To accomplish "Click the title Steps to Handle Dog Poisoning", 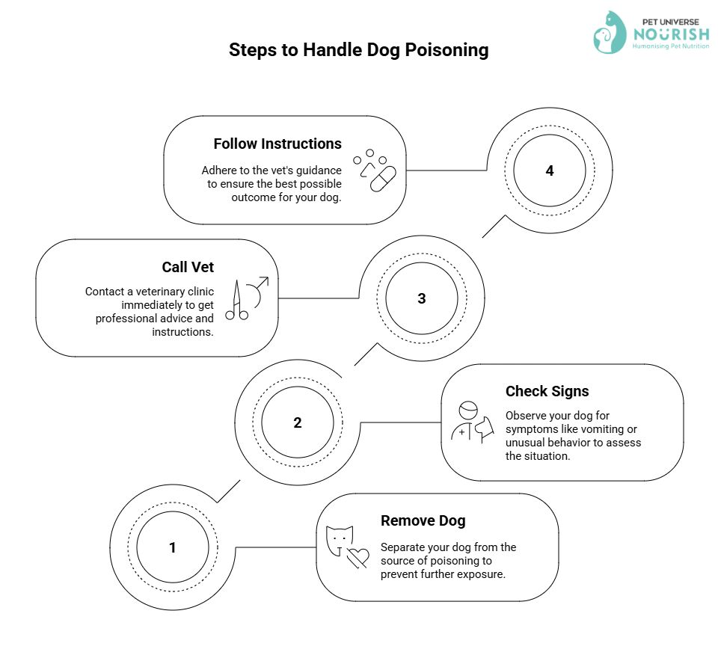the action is coord(358,50).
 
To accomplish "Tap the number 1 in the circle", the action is coord(173,547).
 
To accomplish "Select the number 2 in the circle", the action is coord(298,422).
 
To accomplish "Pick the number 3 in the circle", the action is coord(422,298).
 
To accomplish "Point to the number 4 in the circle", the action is coord(550,170).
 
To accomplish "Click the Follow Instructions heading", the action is coord(277,144).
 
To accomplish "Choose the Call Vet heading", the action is coord(188,267).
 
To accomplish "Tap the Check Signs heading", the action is coord(547,392).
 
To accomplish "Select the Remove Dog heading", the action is coord(423,520).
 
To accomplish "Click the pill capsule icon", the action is coord(383,179).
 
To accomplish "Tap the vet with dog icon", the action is coord(473,422).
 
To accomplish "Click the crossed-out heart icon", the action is coord(358,557).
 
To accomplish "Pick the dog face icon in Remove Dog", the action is coord(340,541).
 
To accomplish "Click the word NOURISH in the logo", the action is coord(672,34).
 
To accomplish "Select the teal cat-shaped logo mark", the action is coord(610,32).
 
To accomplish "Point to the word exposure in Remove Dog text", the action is coord(483,575).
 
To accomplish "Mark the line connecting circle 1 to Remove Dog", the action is coord(276,547).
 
